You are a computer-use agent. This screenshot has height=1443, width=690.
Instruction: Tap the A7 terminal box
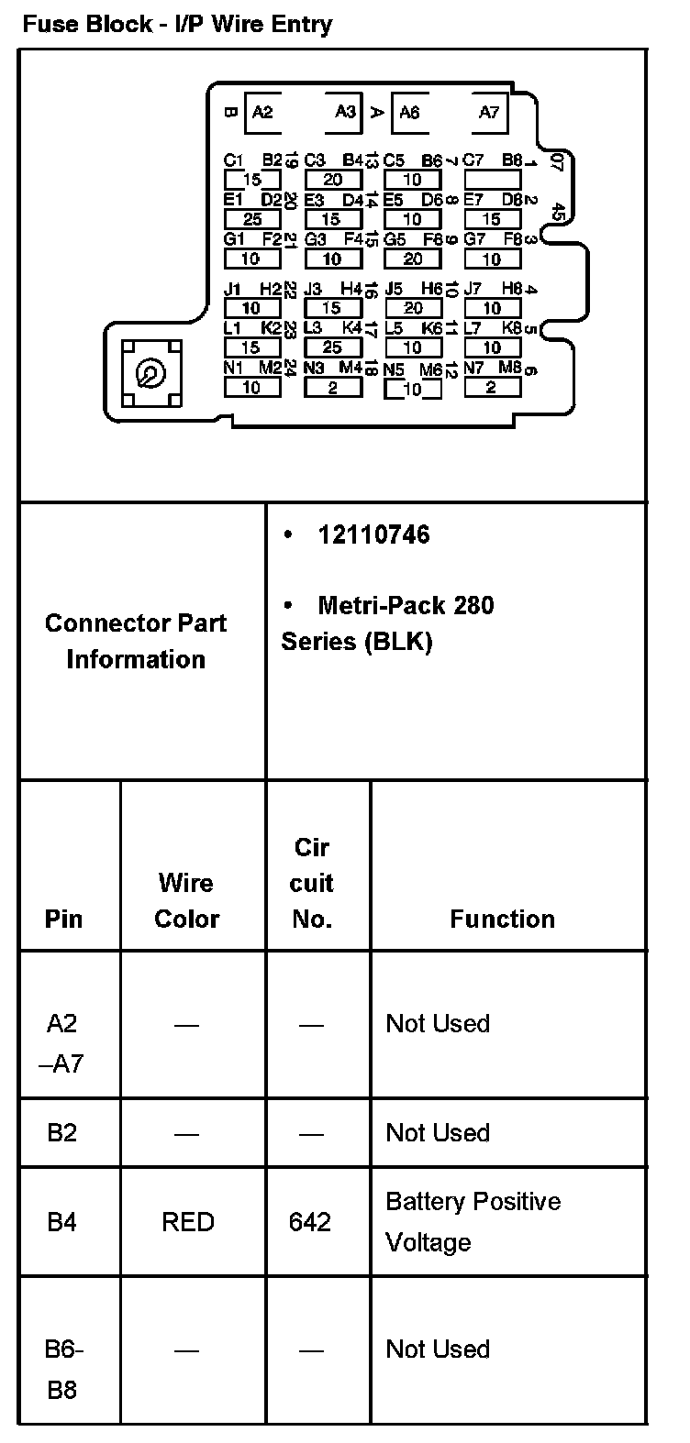pyautogui.click(x=489, y=113)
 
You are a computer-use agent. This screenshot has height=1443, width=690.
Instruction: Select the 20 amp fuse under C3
pyautogui.click(x=332, y=180)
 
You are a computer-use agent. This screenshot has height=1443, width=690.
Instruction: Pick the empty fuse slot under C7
pyautogui.click(x=492, y=180)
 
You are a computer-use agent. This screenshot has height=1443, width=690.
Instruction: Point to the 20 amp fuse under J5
pyautogui.click(x=412, y=309)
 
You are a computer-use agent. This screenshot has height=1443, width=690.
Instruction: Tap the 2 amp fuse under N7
pyautogui.click(x=492, y=388)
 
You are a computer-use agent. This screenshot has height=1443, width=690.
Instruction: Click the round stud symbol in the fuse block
pyautogui.click(x=147, y=373)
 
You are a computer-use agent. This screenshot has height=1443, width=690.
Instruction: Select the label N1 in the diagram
pyautogui.click(x=233, y=369)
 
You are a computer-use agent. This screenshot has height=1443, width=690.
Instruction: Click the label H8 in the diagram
pyautogui.click(x=511, y=289)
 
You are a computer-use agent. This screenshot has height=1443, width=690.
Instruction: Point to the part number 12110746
pyautogui.click(x=373, y=534)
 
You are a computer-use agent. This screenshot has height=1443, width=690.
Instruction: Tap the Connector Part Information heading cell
pyautogui.click(x=136, y=641)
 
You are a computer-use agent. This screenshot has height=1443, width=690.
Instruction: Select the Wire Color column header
pyautogui.click(x=186, y=900)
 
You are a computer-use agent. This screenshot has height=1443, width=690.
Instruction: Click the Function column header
pyautogui.click(x=502, y=920)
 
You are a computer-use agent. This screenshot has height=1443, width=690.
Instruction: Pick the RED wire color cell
pyautogui.click(x=187, y=1222)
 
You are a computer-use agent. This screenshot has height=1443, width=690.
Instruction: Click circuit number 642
pyautogui.click(x=310, y=1222)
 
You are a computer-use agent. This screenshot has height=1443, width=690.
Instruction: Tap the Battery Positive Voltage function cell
pyautogui.click(x=473, y=1221)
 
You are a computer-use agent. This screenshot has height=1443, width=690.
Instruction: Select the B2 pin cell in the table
pyautogui.click(x=61, y=1132)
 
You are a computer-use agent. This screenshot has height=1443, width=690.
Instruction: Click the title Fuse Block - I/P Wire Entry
pyautogui.click(x=176, y=24)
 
